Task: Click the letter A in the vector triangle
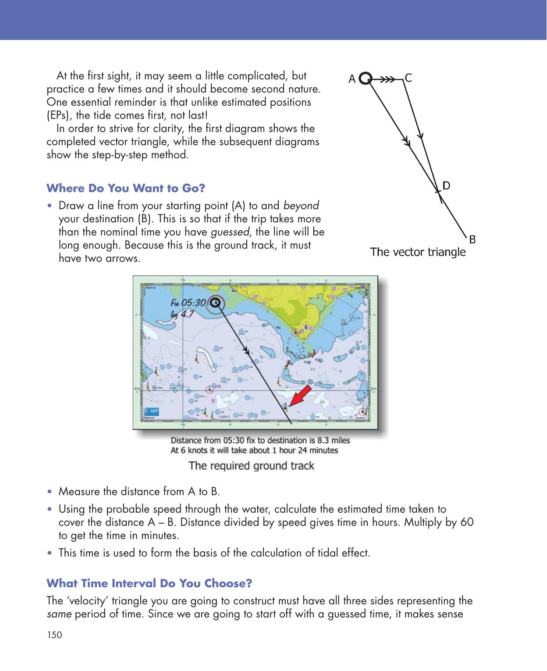click(352, 79)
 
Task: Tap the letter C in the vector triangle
click(408, 78)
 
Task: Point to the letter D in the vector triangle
click(446, 185)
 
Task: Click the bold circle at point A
click(366, 79)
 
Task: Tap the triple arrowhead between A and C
click(387, 79)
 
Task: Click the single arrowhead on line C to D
click(420, 136)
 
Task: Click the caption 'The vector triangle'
click(418, 252)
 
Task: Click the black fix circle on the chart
click(215, 303)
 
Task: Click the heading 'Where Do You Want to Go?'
click(126, 189)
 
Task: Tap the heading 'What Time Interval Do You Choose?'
click(149, 584)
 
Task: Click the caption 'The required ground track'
click(251, 465)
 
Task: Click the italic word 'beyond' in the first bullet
click(301, 205)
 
